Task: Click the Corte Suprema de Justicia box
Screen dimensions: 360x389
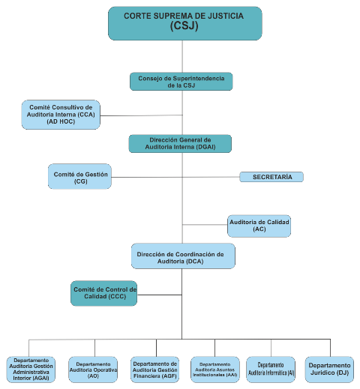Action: (185, 23)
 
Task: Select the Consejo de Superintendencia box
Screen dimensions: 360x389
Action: (181, 82)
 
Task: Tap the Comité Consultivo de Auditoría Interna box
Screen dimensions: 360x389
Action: (61, 115)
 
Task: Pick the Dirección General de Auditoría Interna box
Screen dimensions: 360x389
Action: (180, 143)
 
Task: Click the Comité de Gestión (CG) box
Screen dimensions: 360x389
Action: (79, 176)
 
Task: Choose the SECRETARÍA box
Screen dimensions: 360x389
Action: (271, 177)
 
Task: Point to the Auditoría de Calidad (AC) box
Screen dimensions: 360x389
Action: (259, 226)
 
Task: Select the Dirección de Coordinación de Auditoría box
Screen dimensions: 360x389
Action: (183, 256)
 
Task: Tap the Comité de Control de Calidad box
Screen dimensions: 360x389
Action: (103, 293)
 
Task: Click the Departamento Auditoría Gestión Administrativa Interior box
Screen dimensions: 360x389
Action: (31, 370)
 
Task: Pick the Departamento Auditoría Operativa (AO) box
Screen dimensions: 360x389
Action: (93, 370)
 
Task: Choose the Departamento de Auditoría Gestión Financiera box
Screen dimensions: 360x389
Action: (154, 370)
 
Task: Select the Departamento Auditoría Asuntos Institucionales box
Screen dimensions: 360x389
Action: (215, 370)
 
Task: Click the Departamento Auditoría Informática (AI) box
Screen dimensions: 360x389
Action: (271, 370)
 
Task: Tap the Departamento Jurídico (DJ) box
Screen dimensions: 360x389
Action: (329, 370)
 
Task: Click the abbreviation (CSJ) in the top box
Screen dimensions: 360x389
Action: (184, 25)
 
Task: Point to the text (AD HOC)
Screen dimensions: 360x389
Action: (61, 121)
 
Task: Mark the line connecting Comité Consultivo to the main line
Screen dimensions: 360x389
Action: (142, 115)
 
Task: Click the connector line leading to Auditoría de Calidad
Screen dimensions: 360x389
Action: (205, 225)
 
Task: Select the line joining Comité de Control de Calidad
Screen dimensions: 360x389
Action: (160, 295)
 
